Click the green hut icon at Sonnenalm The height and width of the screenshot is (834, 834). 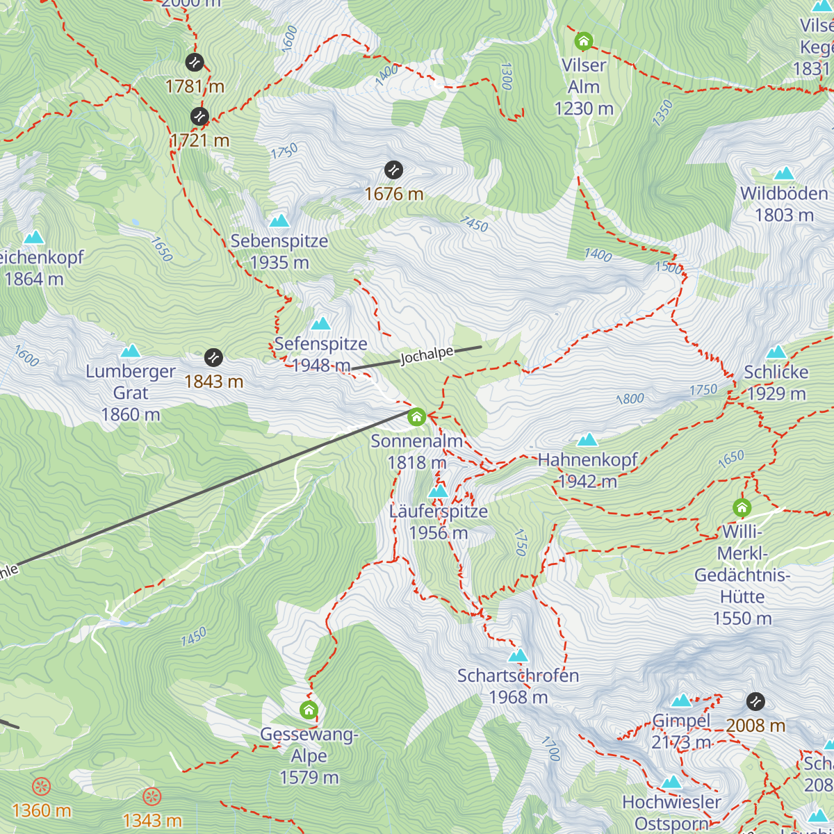[416, 417]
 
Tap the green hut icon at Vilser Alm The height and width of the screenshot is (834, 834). [584, 42]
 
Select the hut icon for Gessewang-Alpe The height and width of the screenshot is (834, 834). [309, 710]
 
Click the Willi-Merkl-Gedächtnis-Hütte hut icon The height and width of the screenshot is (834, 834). [742, 507]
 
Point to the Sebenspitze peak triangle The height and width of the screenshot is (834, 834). [279, 221]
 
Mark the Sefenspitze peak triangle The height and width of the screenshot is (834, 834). [320, 324]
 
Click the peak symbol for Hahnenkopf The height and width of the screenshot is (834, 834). [587, 440]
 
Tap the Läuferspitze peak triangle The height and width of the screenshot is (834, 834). [438, 491]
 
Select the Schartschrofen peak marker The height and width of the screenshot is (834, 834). [518, 655]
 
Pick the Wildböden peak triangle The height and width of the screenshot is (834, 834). [784, 173]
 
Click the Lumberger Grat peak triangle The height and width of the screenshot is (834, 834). [131, 351]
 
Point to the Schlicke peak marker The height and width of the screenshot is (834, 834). [776, 352]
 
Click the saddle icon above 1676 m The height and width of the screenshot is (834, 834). [393, 170]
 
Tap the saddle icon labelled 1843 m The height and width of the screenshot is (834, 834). [213, 357]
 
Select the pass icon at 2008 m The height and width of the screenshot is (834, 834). [755, 701]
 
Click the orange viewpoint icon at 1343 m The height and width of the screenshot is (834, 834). [152, 796]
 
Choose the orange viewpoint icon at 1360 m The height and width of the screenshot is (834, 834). [42, 787]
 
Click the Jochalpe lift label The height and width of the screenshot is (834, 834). [426, 355]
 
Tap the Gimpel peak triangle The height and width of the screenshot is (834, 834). [681, 701]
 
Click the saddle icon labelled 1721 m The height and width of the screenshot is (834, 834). [199, 116]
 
